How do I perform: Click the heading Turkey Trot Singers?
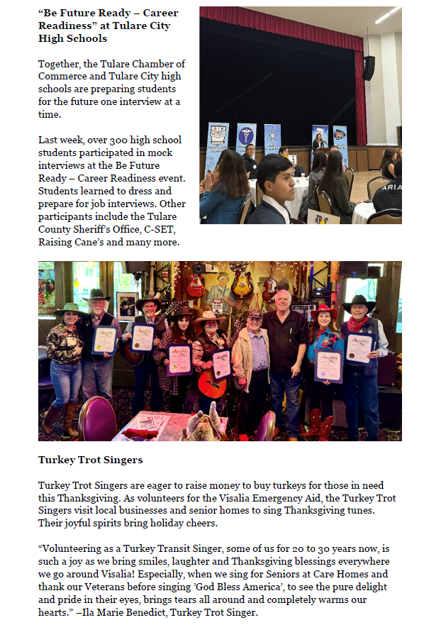coord(90,460)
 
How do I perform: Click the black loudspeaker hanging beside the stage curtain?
coord(368,68)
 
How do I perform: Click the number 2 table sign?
coord(291,160)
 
